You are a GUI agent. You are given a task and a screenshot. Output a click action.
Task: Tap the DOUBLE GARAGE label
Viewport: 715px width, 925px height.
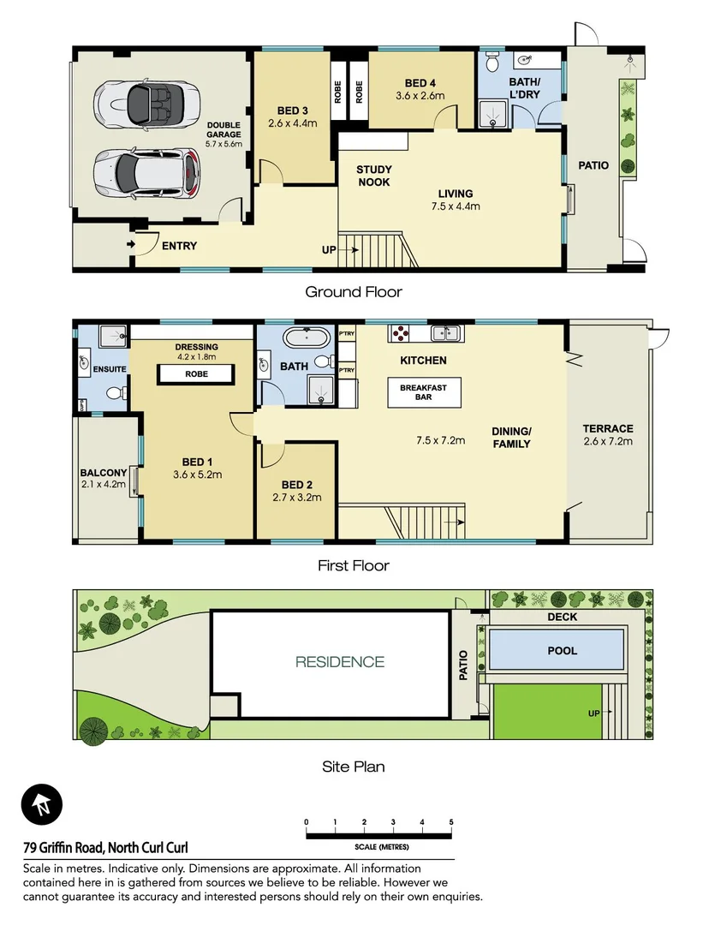point(224,134)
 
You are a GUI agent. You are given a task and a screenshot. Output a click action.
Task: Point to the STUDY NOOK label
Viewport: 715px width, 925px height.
point(373,176)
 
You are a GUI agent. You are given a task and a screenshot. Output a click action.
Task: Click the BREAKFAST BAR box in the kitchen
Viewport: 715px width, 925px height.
point(423,393)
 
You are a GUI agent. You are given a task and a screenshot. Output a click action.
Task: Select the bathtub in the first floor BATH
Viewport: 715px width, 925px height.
point(307,336)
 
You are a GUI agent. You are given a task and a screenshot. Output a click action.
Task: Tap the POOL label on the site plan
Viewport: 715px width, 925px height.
point(562,651)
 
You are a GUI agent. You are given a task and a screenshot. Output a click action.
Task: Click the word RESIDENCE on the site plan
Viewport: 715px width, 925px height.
point(340,661)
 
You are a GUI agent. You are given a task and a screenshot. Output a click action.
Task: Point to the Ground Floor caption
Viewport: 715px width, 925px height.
point(353,292)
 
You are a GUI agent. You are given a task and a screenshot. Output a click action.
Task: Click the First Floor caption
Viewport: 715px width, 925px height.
point(353,565)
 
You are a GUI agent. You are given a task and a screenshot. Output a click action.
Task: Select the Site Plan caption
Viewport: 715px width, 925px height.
point(353,767)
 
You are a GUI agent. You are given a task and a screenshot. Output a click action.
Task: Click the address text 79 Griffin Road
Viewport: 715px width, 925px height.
point(105,847)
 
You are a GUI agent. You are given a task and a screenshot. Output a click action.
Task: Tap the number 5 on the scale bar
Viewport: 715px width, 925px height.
point(451,822)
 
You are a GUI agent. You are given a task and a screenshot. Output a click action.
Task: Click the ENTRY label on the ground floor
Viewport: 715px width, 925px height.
point(179,246)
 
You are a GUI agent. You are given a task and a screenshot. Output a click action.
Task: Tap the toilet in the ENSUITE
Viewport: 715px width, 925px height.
point(114,393)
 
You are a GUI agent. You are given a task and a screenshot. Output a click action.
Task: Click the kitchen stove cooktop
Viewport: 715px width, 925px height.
point(400,332)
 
